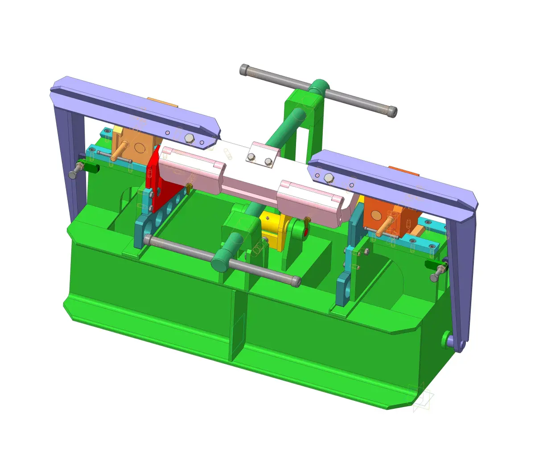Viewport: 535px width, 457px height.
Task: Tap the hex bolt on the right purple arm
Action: coord(329,178)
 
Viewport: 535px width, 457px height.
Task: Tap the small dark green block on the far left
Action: coord(92,168)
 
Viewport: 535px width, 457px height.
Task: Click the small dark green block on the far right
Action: coord(431,265)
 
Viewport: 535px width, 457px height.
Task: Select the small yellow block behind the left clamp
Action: coord(117,130)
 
